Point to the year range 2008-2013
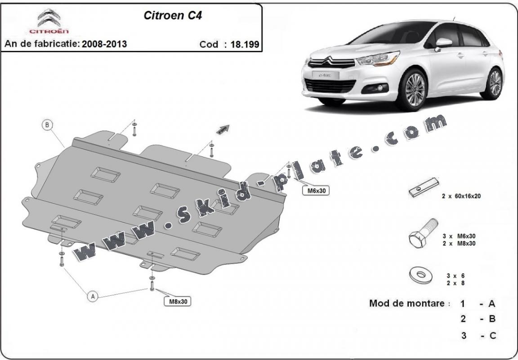[x=105, y=44]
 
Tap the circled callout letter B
[x=47, y=125]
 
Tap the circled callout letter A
[x=93, y=296]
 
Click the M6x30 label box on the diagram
[x=317, y=191]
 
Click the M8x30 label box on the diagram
[x=178, y=302]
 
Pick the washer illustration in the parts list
[x=420, y=275]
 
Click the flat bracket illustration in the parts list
[x=424, y=188]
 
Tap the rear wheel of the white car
[x=494, y=83]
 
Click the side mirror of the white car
[x=443, y=43]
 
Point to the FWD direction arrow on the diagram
[x=223, y=129]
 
